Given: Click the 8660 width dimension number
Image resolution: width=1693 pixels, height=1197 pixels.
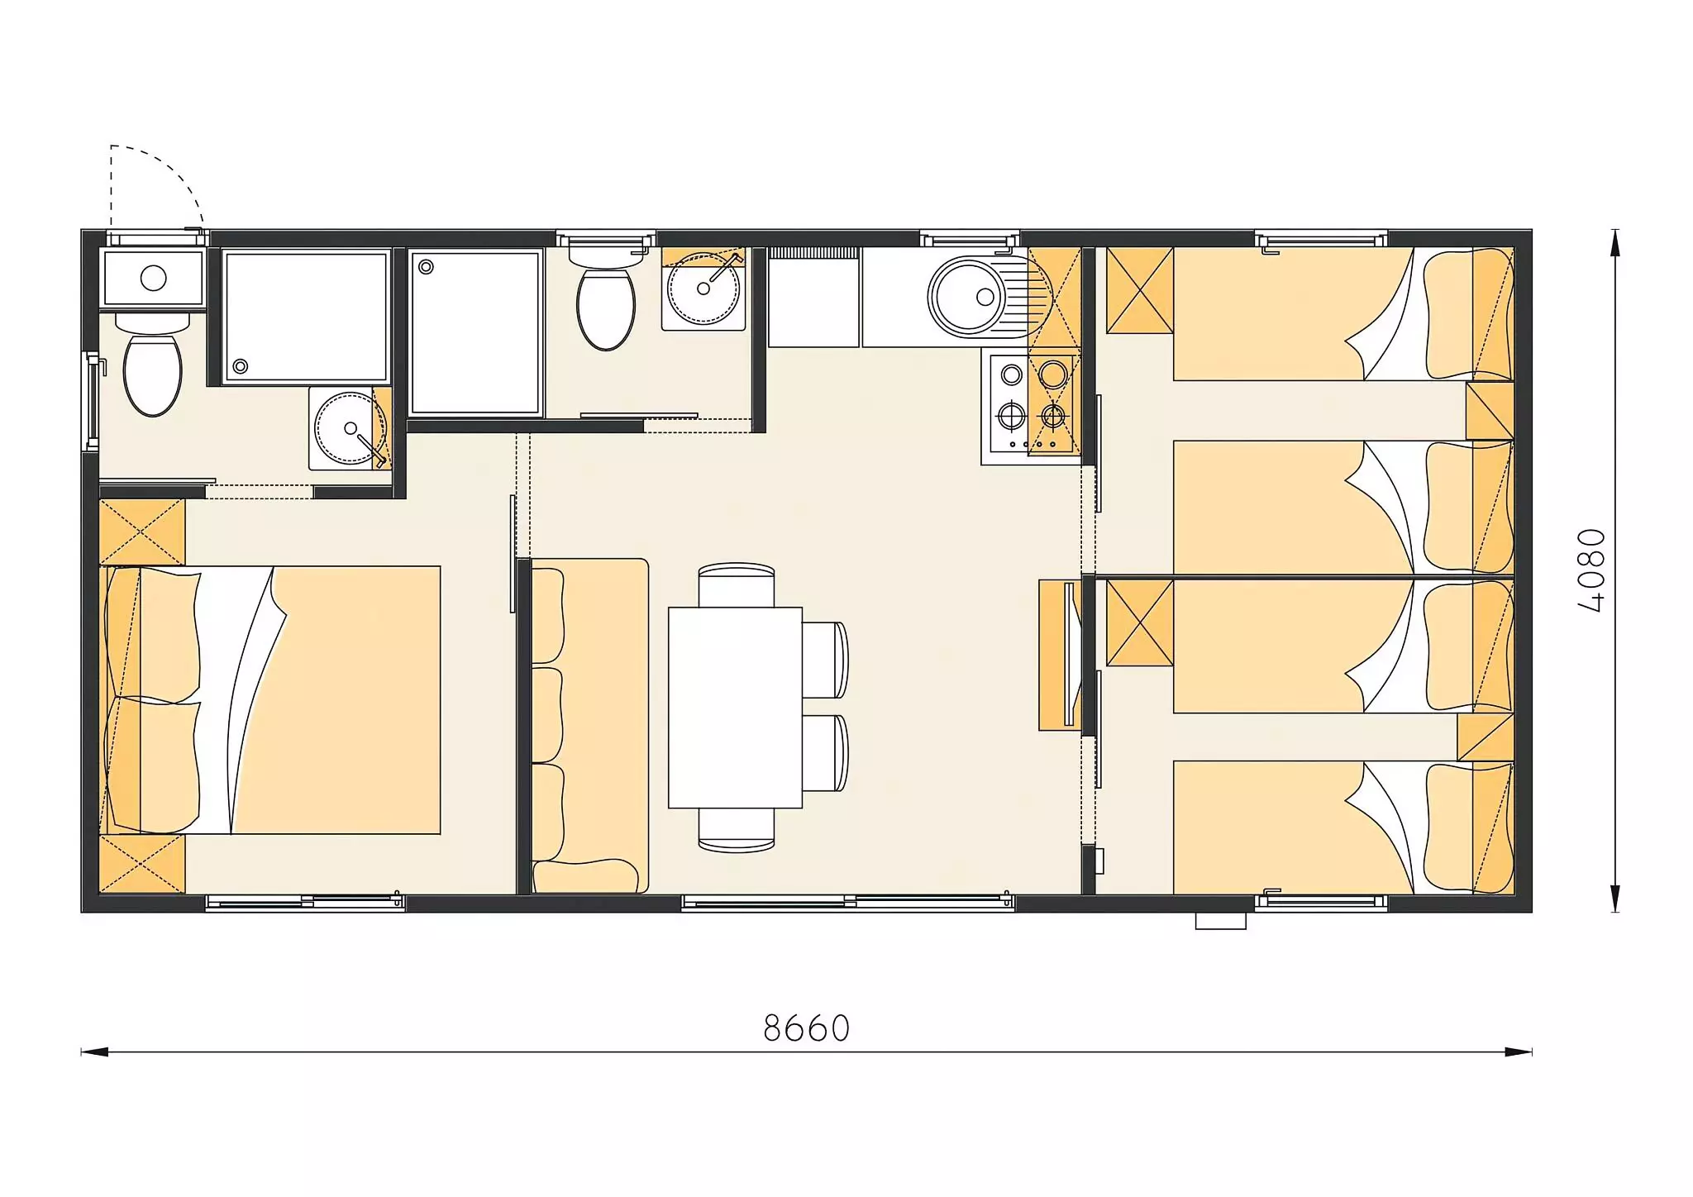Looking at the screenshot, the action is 806,1028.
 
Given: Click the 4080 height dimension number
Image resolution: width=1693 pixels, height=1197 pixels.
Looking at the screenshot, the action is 1591,570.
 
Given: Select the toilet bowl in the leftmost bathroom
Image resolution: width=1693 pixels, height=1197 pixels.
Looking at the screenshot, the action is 152,374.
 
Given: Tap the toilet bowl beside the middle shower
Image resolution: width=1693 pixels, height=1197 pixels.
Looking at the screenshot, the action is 605,309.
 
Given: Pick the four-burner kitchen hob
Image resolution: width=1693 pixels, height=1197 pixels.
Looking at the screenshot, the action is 1031,403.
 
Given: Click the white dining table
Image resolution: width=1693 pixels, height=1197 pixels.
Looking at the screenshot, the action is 735,708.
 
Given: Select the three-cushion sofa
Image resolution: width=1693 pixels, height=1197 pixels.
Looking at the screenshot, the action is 589,726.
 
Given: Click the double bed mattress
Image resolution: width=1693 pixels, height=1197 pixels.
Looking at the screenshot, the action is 270,700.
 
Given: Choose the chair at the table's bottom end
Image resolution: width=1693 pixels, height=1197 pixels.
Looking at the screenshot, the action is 737,830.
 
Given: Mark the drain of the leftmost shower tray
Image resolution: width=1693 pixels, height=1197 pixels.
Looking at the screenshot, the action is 241,366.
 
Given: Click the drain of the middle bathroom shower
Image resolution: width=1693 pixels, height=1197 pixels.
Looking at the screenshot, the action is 427,267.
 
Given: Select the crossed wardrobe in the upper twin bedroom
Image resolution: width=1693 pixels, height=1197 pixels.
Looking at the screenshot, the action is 1140,290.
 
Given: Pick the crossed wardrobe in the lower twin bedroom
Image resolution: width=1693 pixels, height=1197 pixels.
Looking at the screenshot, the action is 1140,622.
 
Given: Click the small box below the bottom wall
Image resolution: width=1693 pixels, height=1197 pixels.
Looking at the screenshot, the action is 1221,921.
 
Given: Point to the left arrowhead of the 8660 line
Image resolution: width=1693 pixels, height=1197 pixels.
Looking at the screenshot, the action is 94,1052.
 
